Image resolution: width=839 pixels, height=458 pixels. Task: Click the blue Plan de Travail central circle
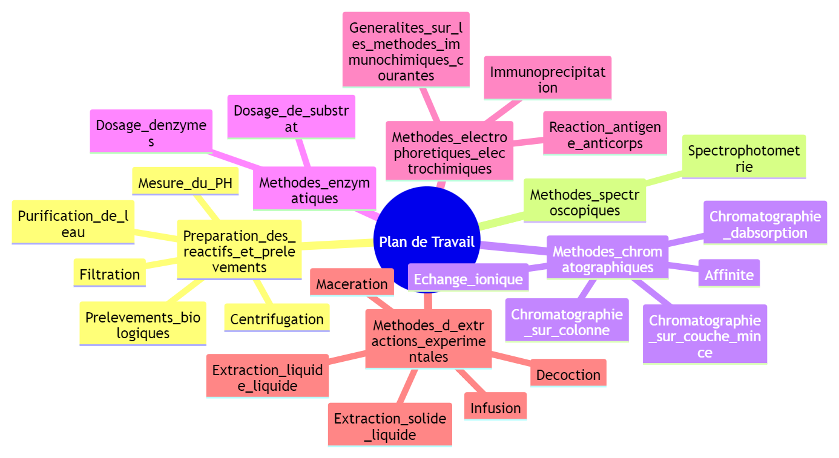tap(426, 241)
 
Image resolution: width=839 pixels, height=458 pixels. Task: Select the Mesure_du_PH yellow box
tap(185, 183)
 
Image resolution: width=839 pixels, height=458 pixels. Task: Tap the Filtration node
tap(110, 274)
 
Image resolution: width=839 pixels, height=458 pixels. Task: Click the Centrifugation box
tap(277, 319)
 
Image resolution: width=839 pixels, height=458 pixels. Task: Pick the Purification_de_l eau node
tap(73, 223)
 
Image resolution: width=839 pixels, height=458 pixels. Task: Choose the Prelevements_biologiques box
tap(143, 325)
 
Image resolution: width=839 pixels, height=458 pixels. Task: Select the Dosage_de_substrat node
tap(291, 118)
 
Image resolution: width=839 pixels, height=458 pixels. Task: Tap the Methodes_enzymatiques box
tap(314, 189)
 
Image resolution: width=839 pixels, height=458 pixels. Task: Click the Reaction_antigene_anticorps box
tap(605, 135)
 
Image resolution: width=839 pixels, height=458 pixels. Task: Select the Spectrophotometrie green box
tap(744, 158)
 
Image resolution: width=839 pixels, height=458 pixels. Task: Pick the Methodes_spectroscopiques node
tap(584, 202)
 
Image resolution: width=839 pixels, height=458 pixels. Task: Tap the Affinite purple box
tap(729, 275)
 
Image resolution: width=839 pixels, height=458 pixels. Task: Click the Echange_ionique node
tap(468, 279)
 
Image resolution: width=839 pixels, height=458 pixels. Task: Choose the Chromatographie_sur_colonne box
tap(567, 322)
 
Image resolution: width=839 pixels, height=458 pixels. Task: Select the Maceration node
tap(352, 284)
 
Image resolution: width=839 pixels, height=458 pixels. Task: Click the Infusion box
tap(495, 408)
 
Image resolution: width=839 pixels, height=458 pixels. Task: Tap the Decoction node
tap(568, 375)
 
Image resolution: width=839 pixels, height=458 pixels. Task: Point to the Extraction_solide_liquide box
tap(390, 426)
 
